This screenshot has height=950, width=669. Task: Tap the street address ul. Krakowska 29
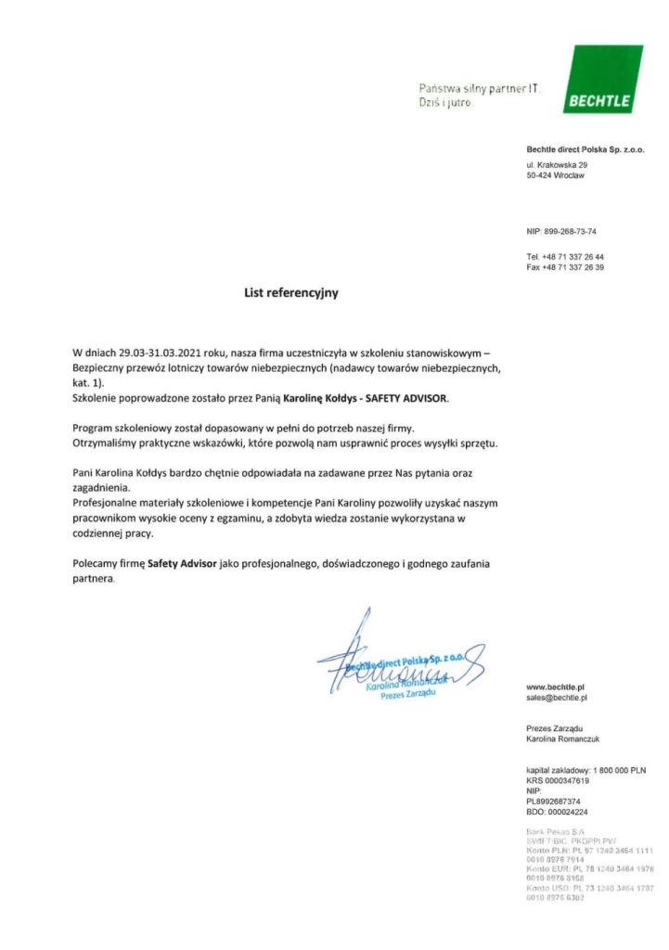point(558,165)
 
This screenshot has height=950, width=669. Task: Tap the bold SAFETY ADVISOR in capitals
point(409,397)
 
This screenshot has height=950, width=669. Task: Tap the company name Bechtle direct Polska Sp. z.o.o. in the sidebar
point(585,149)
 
